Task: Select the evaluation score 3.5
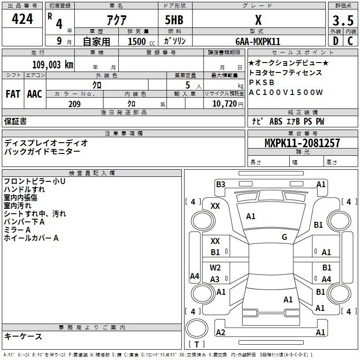[x=342, y=21]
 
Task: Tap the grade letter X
[x=258, y=20]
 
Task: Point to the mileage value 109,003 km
[x=52, y=65]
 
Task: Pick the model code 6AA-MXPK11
[x=258, y=41]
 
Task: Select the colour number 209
[x=74, y=104]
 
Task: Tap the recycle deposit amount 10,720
[x=223, y=104]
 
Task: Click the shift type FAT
[x=13, y=94]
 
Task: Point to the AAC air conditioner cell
[x=35, y=94]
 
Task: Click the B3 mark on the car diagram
[x=220, y=184]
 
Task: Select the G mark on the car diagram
[x=284, y=237]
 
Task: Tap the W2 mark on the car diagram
[x=216, y=268]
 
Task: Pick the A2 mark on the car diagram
[x=220, y=333]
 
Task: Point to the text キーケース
[x=23, y=336]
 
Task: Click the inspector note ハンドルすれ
[x=24, y=189]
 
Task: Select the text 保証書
[x=15, y=121]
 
